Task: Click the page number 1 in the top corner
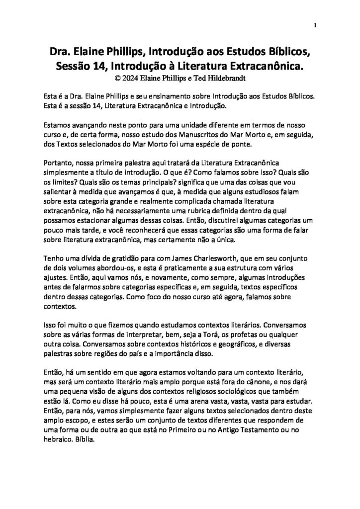(x=316, y=25)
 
